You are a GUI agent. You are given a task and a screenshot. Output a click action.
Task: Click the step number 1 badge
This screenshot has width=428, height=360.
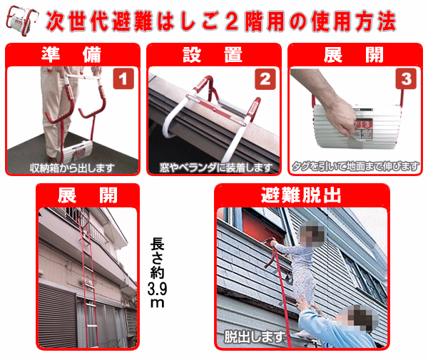(x=123, y=79)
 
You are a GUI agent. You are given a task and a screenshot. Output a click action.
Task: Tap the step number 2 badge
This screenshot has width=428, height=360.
(x=265, y=79)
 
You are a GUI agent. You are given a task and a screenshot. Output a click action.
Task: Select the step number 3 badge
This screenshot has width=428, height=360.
(x=406, y=79)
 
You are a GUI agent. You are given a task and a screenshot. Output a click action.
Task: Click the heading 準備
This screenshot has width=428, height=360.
(x=71, y=55)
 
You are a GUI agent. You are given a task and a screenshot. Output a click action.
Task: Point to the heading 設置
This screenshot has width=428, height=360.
(x=213, y=55)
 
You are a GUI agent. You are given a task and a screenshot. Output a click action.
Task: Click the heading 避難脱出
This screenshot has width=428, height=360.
(x=301, y=195)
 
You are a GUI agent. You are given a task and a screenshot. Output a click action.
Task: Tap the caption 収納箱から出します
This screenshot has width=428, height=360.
(x=72, y=168)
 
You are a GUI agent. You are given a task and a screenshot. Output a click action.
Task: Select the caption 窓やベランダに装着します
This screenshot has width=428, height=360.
(x=216, y=168)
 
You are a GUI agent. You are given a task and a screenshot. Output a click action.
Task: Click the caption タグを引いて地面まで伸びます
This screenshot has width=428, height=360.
(x=356, y=166)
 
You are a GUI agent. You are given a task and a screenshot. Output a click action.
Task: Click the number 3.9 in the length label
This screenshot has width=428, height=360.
(x=157, y=289)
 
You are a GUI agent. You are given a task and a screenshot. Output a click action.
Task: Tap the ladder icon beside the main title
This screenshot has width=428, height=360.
(x=22, y=21)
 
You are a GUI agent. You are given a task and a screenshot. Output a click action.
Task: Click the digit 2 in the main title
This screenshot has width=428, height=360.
(x=232, y=21)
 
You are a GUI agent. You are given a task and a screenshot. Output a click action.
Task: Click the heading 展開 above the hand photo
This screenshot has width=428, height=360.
(x=354, y=55)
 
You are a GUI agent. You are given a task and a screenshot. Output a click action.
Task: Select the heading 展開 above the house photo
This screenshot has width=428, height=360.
(x=87, y=195)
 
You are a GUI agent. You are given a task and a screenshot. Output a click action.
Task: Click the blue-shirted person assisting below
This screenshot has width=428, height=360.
(x=338, y=326)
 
